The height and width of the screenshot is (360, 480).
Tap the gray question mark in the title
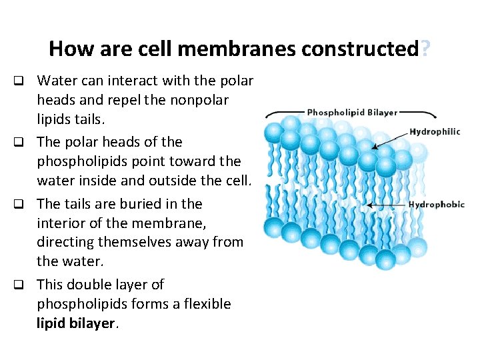pos(425,49)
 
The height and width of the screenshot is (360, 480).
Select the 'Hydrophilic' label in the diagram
pos(434,131)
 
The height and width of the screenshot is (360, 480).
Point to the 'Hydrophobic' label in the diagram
pos(436,204)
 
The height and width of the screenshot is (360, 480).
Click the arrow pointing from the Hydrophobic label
pos(385,205)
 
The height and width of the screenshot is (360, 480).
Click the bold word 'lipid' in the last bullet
pos(50,324)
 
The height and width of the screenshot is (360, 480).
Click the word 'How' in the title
pos(65,49)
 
